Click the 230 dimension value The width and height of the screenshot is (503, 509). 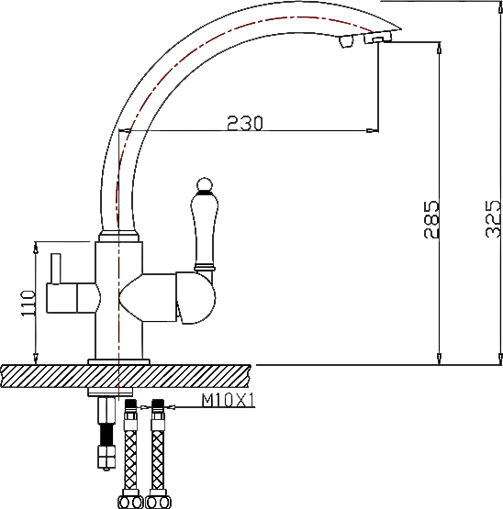244,123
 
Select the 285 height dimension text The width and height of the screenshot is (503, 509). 431,219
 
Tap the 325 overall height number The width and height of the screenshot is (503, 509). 493,218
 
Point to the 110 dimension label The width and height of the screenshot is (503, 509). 28,304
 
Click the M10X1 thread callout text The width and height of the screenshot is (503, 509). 229,400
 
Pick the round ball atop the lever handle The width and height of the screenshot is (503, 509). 205,184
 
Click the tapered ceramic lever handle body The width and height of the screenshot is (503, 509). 205,230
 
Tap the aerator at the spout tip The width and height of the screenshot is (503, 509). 378,38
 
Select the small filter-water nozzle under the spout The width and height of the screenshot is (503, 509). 346,41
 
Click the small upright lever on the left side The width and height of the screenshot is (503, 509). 56,269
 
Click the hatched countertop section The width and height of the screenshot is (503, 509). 126,376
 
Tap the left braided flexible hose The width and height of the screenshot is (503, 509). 130,455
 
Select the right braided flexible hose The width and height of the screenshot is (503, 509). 158,455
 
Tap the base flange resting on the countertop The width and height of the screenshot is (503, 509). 118,361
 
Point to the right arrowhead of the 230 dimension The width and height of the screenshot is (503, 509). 373,130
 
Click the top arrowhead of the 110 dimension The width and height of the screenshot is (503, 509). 36,248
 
